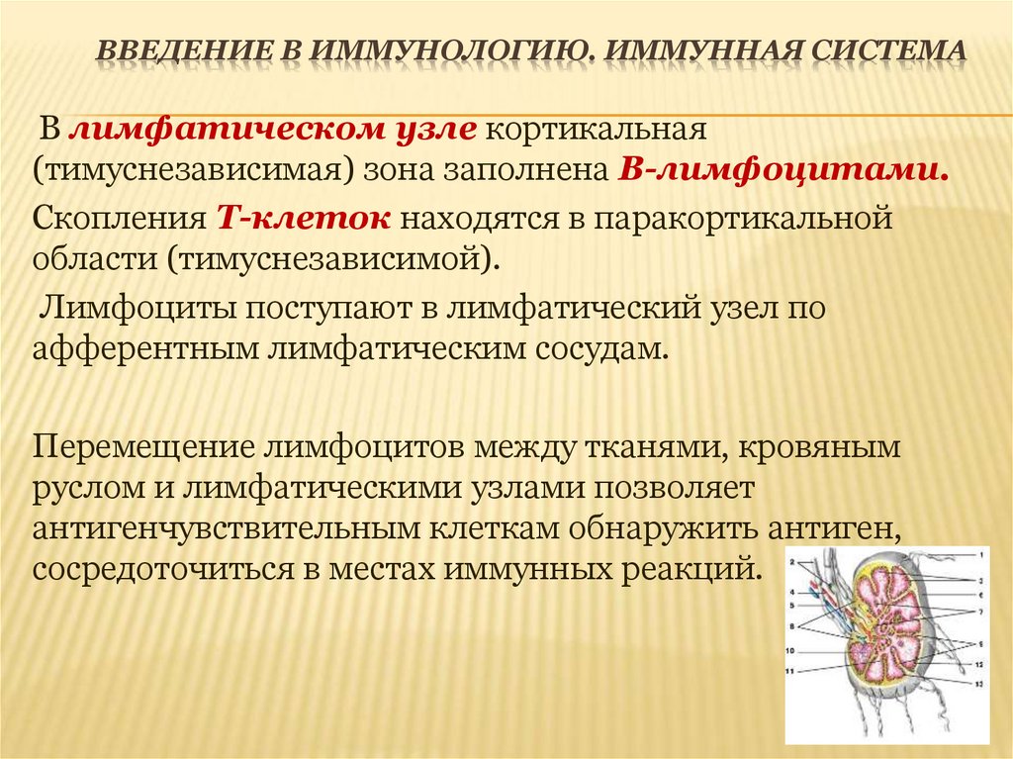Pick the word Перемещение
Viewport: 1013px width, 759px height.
pos(142,446)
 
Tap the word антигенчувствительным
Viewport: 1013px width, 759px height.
pos(226,528)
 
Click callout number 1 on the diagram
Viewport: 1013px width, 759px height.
pos(981,555)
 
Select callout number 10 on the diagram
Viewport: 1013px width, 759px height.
pos(790,651)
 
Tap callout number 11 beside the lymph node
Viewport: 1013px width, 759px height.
pos(790,671)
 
